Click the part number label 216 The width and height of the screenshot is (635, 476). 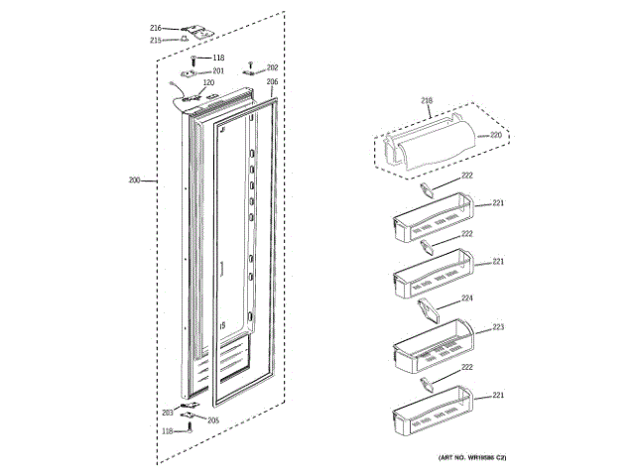[156, 27]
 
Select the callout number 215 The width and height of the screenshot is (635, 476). [156, 41]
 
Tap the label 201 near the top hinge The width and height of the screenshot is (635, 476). [218, 71]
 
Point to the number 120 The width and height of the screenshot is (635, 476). [208, 83]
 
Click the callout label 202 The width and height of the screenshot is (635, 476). [272, 68]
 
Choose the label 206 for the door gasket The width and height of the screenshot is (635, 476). [272, 81]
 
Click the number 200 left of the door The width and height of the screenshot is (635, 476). [135, 180]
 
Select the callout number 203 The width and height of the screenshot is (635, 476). [168, 412]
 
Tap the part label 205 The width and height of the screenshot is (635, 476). [212, 418]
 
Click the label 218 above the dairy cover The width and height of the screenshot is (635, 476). [427, 101]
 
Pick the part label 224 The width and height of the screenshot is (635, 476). [466, 297]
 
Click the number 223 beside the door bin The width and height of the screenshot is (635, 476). [499, 326]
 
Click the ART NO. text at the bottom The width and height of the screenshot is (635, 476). [472, 457]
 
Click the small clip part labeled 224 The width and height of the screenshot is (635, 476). [431, 311]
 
